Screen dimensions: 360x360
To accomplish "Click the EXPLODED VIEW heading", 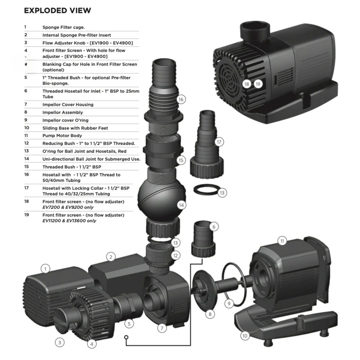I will (57, 10).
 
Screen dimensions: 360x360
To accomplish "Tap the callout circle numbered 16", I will (181, 99).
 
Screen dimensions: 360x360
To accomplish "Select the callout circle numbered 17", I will (219, 142).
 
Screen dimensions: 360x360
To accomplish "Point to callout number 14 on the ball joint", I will (181, 205).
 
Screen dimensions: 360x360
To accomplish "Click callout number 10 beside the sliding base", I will (245, 336).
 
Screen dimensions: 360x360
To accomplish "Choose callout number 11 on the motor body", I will (282, 241).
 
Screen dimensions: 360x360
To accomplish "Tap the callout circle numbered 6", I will (214, 227).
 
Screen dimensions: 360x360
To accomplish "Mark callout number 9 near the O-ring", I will (229, 304).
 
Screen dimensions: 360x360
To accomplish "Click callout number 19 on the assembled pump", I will (258, 84).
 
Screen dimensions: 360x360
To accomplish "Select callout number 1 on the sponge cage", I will (45, 269).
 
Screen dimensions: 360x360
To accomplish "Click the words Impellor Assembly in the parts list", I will (62, 112).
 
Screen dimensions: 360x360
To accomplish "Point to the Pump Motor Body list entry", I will (62, 136).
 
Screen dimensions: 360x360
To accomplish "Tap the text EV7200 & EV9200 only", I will (68, 207).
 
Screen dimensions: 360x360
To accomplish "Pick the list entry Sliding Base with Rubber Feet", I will (75, 128).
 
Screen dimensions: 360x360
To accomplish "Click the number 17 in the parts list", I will (27, 188).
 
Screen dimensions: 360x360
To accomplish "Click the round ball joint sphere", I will (161, 196).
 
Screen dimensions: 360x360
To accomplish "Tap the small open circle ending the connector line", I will (126, 337).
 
